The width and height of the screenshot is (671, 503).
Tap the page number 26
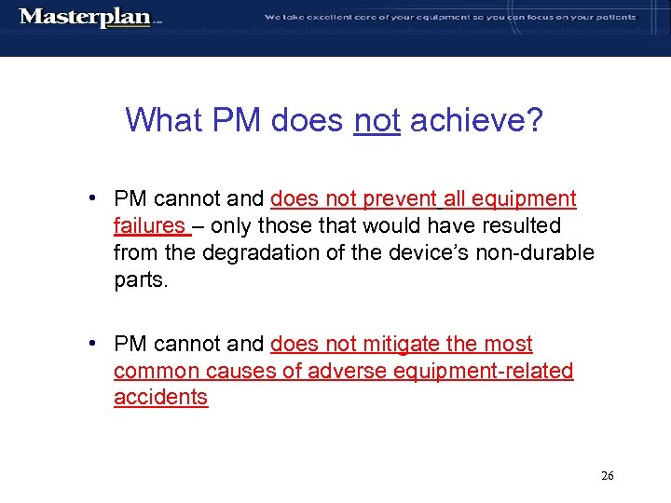607,476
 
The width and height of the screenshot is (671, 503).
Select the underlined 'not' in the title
377,119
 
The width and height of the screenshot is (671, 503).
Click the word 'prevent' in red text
397,199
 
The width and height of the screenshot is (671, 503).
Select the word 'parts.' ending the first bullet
142,279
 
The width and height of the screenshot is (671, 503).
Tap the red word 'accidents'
160,397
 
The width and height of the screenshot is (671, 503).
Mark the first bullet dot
94,198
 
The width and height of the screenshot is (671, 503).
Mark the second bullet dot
94,343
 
